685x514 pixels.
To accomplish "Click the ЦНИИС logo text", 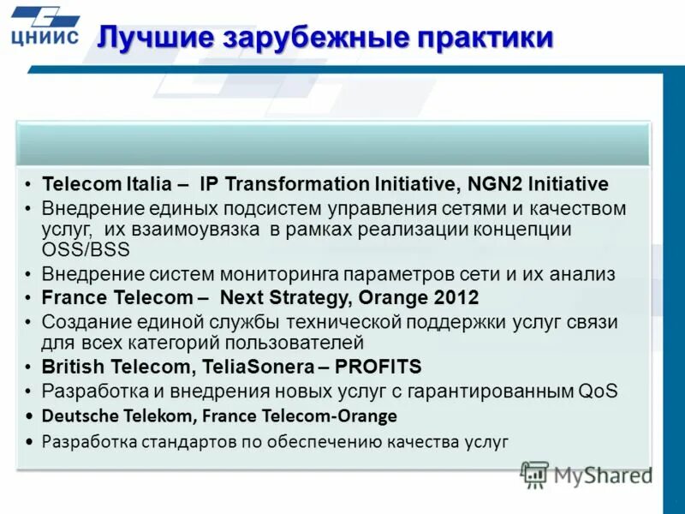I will click(x=45, y=36).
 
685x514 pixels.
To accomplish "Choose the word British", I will click(x=71, y=367).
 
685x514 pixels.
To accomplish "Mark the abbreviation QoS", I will click(x=598, y=391).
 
